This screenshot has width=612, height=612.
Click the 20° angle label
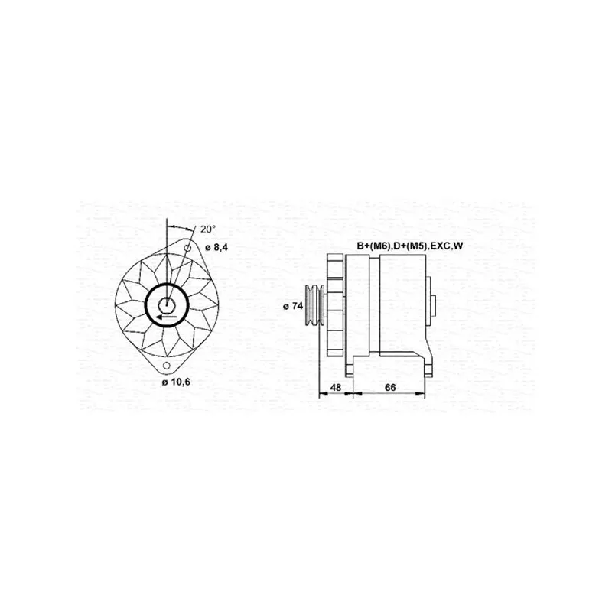pos(207,229)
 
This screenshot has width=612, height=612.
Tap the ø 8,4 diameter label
pos(218,246)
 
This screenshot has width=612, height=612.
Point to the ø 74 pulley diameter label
pos(293,306)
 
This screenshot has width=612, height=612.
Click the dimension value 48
pos(335,388)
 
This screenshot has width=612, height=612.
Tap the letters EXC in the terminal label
pos(441,246)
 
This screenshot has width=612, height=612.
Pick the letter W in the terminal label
pos(459,246)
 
